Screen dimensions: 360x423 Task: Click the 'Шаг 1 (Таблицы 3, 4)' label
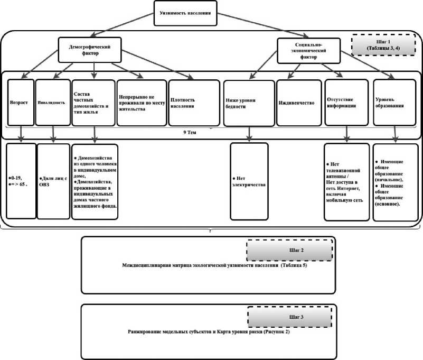click(x=384, y=44)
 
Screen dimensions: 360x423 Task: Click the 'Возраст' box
click(x=21, y=102)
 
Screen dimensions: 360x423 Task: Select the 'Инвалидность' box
click(x=53, y=102)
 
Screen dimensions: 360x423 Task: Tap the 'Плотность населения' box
click(x=193, y=102)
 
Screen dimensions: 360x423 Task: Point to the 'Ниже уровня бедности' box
click(x=247, y=102)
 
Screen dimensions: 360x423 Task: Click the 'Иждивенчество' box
click(x=299, y=102)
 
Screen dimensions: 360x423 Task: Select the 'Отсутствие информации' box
click(x=346, y=102)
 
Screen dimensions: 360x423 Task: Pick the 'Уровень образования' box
click(x=396, y=102)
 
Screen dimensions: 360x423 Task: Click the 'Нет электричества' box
click(x=249, y=181)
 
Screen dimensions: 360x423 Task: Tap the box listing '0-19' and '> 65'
click(x=21, y=181)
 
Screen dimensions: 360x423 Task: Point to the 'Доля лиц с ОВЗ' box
click(x=53, y=181)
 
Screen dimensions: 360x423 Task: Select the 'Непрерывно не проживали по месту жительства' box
click(x=141, y=102)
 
